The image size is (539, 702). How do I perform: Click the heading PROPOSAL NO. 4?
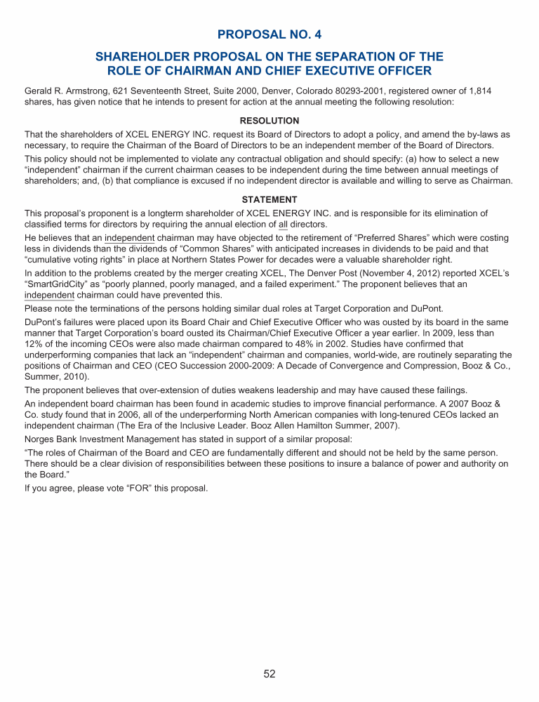click(269, 34)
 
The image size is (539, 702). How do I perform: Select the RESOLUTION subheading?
click(269, 121)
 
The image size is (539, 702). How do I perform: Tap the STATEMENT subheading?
click(269, 199)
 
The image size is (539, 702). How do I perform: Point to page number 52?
click(269, 674)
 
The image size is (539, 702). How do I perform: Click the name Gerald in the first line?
click(39, 91)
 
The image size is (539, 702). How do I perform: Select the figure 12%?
click(34, 344)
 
